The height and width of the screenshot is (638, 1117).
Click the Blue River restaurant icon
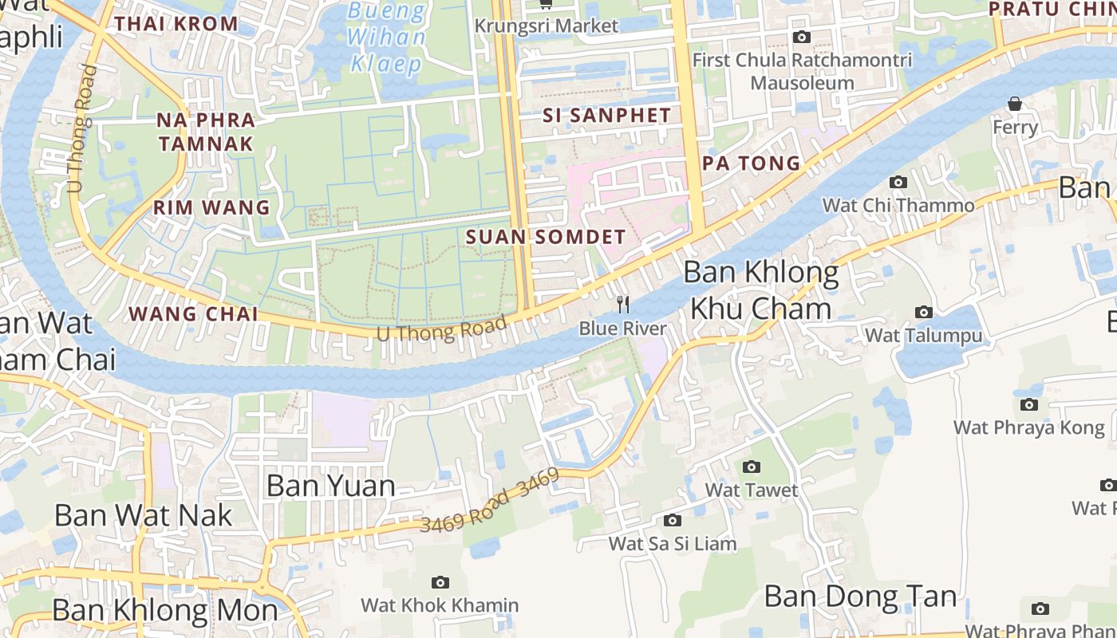point(623,305)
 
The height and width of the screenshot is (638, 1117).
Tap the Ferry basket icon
point(1015,104)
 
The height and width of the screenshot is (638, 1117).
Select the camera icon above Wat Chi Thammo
point(898,183)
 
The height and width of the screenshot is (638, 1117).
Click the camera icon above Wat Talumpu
point(924,312)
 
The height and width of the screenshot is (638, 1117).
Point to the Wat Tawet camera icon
point(752,467)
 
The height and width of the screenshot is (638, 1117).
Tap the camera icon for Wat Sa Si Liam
point(673,521)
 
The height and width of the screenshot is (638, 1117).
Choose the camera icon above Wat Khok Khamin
point(440,583)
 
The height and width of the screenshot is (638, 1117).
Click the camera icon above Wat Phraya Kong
point(1029,405)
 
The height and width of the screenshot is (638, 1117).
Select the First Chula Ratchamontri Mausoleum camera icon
point(802,37)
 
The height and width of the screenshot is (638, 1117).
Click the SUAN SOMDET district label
point(546,237)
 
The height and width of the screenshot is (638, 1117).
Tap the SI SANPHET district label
point(606,116)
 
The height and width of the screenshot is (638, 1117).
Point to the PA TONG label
point(751,163)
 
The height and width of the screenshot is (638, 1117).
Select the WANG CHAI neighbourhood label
point(193,313)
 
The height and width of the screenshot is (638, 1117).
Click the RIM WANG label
point(211,208)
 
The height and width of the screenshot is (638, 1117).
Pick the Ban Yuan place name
point(330,485)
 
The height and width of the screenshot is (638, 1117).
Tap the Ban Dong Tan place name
point(860,596)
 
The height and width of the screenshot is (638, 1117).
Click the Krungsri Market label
point(546,26)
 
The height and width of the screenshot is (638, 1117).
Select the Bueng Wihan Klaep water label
point(387,37)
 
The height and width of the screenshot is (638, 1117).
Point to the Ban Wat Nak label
point(143,515)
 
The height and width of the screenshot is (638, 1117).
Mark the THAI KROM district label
point(176,23)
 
